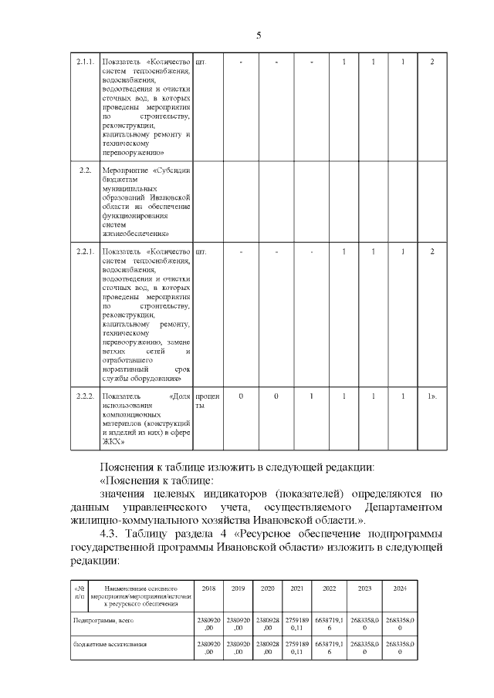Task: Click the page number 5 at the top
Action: [x=259, y=35]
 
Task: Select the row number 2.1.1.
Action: [x=85, y=62]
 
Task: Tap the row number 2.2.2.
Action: [x=85, y=396]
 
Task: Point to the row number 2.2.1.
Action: [x=85, y=251]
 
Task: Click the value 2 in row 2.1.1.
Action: [x=432, y=62]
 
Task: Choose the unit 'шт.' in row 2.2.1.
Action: [x=201, y=251]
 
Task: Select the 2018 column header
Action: [x=208, y=588]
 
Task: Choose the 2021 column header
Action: [x=296, y=588]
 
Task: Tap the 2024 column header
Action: [x=400, y=588]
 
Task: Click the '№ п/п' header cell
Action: [x=79, y=593]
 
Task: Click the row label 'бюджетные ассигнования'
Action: [x=110, y=643]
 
